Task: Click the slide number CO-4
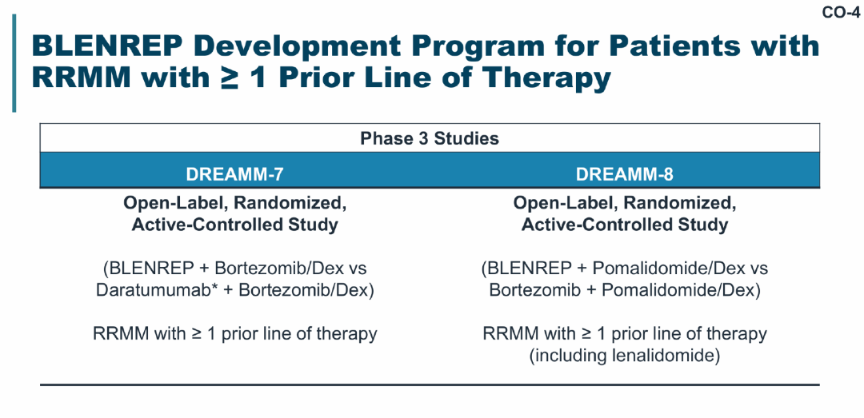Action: [x=841, y=12]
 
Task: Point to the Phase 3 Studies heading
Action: [x=430, y=138]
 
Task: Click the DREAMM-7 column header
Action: [x=234, y=174]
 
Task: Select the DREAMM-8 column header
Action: [x=624, y=174]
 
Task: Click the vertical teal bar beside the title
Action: [x=14, y=63]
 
